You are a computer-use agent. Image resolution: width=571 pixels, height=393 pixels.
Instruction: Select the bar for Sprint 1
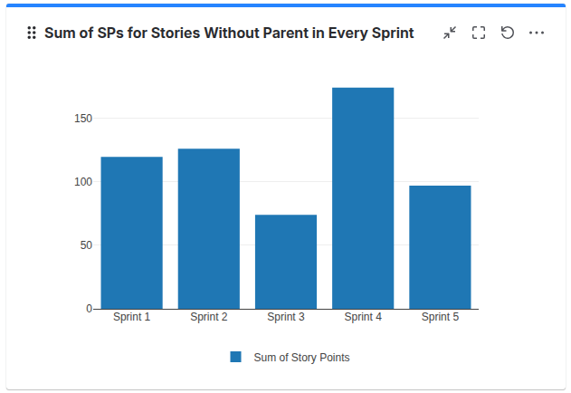click(x=132, y=233)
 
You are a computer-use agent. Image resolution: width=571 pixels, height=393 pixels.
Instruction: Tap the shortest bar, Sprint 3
click(x=286, y=262)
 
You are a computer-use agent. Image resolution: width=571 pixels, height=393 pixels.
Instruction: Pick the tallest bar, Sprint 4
click(x=363, y=198)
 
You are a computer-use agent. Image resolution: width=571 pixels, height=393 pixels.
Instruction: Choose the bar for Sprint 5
click(x=440, y=247)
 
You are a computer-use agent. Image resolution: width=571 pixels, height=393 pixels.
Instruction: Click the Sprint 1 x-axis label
click(x=132, y=318)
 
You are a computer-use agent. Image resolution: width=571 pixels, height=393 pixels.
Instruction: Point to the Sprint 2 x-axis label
click(x=209, y=318)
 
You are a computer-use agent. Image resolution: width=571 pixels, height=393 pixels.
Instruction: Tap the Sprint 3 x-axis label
click(x=286, y=318)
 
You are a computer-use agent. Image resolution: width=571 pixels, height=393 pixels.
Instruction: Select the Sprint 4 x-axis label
click(x=363, y=318)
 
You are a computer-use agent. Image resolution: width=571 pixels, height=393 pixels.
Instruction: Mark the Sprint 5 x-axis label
click(x=440, y=318)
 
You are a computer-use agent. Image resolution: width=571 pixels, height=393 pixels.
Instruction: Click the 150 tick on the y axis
click(x=83, y=119)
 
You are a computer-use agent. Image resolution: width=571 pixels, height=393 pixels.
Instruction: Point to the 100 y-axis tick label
click(x=83, y=182)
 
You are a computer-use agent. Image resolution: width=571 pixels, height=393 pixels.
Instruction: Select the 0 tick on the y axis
click(x=89, y=309)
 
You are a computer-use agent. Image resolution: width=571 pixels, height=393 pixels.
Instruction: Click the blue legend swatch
click(x=236, y=358)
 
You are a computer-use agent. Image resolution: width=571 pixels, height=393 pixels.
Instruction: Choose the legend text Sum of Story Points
click(x=301, y=358)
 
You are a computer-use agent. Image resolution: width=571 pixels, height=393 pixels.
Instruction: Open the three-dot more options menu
click(x=537, y=33)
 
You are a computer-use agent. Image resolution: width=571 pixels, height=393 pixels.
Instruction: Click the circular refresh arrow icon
click(x=508, y=33)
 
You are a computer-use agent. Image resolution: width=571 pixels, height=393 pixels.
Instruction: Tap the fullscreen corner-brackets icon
click(x=479, y=33)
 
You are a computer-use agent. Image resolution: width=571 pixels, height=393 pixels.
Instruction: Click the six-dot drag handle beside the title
click(x=32, y=33)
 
